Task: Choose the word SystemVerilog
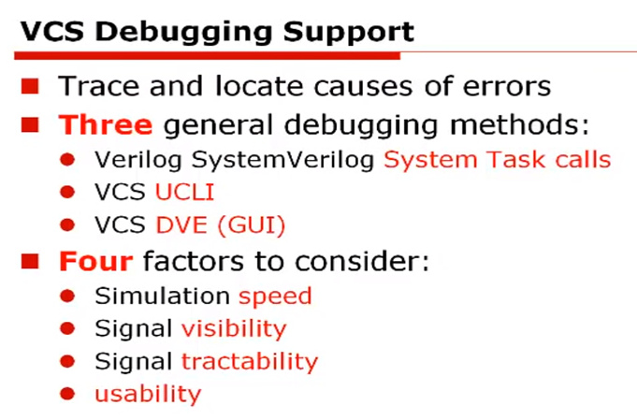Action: [268, 159]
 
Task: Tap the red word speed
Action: [275, 297]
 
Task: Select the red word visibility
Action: [234, 329]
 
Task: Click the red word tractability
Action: [250, 361]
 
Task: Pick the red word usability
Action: [148, 394]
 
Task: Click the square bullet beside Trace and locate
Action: [29, 87]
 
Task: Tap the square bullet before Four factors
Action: [29, 261]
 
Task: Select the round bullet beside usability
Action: [67, 395]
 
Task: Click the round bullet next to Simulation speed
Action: [67, 297]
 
